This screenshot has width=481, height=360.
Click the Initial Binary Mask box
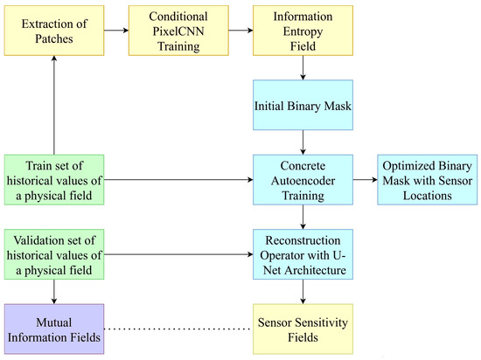coord(303,103)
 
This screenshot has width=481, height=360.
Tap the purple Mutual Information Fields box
coord(54,328)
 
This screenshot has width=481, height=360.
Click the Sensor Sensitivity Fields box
coord(303,328)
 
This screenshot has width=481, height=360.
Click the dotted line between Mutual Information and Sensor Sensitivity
coord(179,329)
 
